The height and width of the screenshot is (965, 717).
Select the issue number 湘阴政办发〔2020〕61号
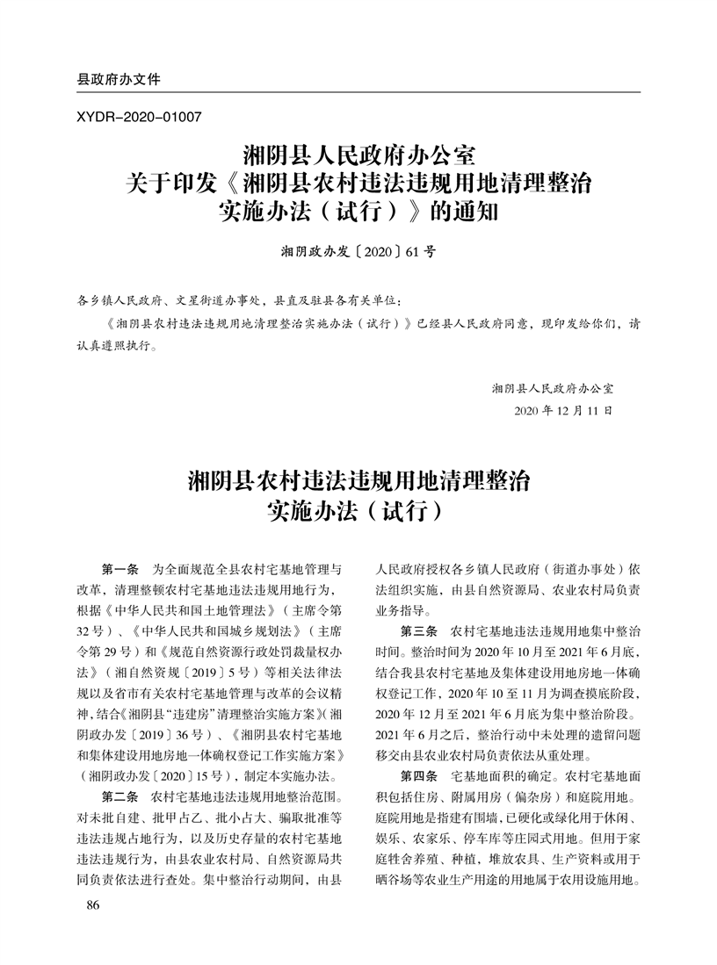pos(358,251)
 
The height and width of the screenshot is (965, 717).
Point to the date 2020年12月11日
pos(561,411)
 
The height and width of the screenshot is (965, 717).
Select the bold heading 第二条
pos(121,796)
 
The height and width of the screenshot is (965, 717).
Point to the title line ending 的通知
pos(358,213)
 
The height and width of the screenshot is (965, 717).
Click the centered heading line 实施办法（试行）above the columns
pos(358,509)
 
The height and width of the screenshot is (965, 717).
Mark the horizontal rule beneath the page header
pos(358,92)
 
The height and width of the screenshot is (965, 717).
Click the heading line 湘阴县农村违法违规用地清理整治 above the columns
pos(358,480)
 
